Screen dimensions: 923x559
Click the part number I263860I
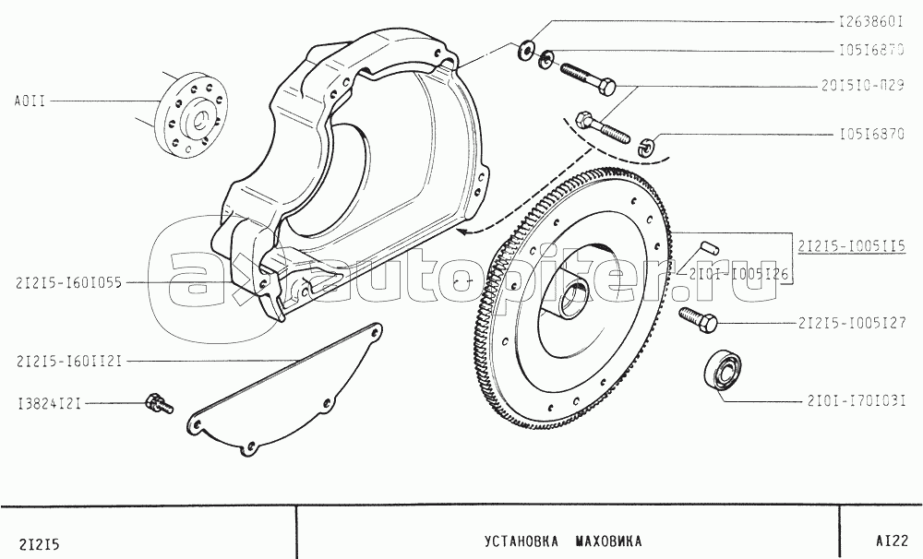pyautogui.click(x=871, y=22)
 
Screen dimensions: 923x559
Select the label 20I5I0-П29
pyautogui.click(x=863, y=86)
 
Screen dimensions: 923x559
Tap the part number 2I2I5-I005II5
pyautogui.click(x=852, y=246)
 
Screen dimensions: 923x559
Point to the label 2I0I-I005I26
pyautogui.click(x=738, y=274)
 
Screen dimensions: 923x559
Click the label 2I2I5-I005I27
pyautogui.click(x=852, y=323)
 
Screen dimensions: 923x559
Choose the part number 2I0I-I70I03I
pyautogui.click(x=857, y=401)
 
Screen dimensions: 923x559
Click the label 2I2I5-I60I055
pyautogui.click(x=69, y=283)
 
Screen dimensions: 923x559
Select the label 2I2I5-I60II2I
pyautogui.click(x=69, y=361)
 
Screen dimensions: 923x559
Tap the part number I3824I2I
pyautogui.click(x=49, y=404)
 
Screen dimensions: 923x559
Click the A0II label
pyautogui.click(x=30, y=101)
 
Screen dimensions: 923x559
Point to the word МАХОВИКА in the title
pyautogui.click(x=608, y=541)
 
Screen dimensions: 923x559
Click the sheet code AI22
pyautogui.click(x=892, y=541)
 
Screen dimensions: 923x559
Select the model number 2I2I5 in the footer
pyautogui.click(x=40, y=544)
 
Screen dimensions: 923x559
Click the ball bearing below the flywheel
pyautogui.click(x=723, y=373)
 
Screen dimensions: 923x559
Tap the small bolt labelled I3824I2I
pyautogui.click(x=159, y=403)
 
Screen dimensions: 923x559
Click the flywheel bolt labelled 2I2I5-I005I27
pyautogui.click(x=698, y=319)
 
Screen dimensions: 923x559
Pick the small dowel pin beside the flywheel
pyautogui.click(x=707, y=246)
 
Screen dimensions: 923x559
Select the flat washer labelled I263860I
pyautogui.click(x=526, y=50)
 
